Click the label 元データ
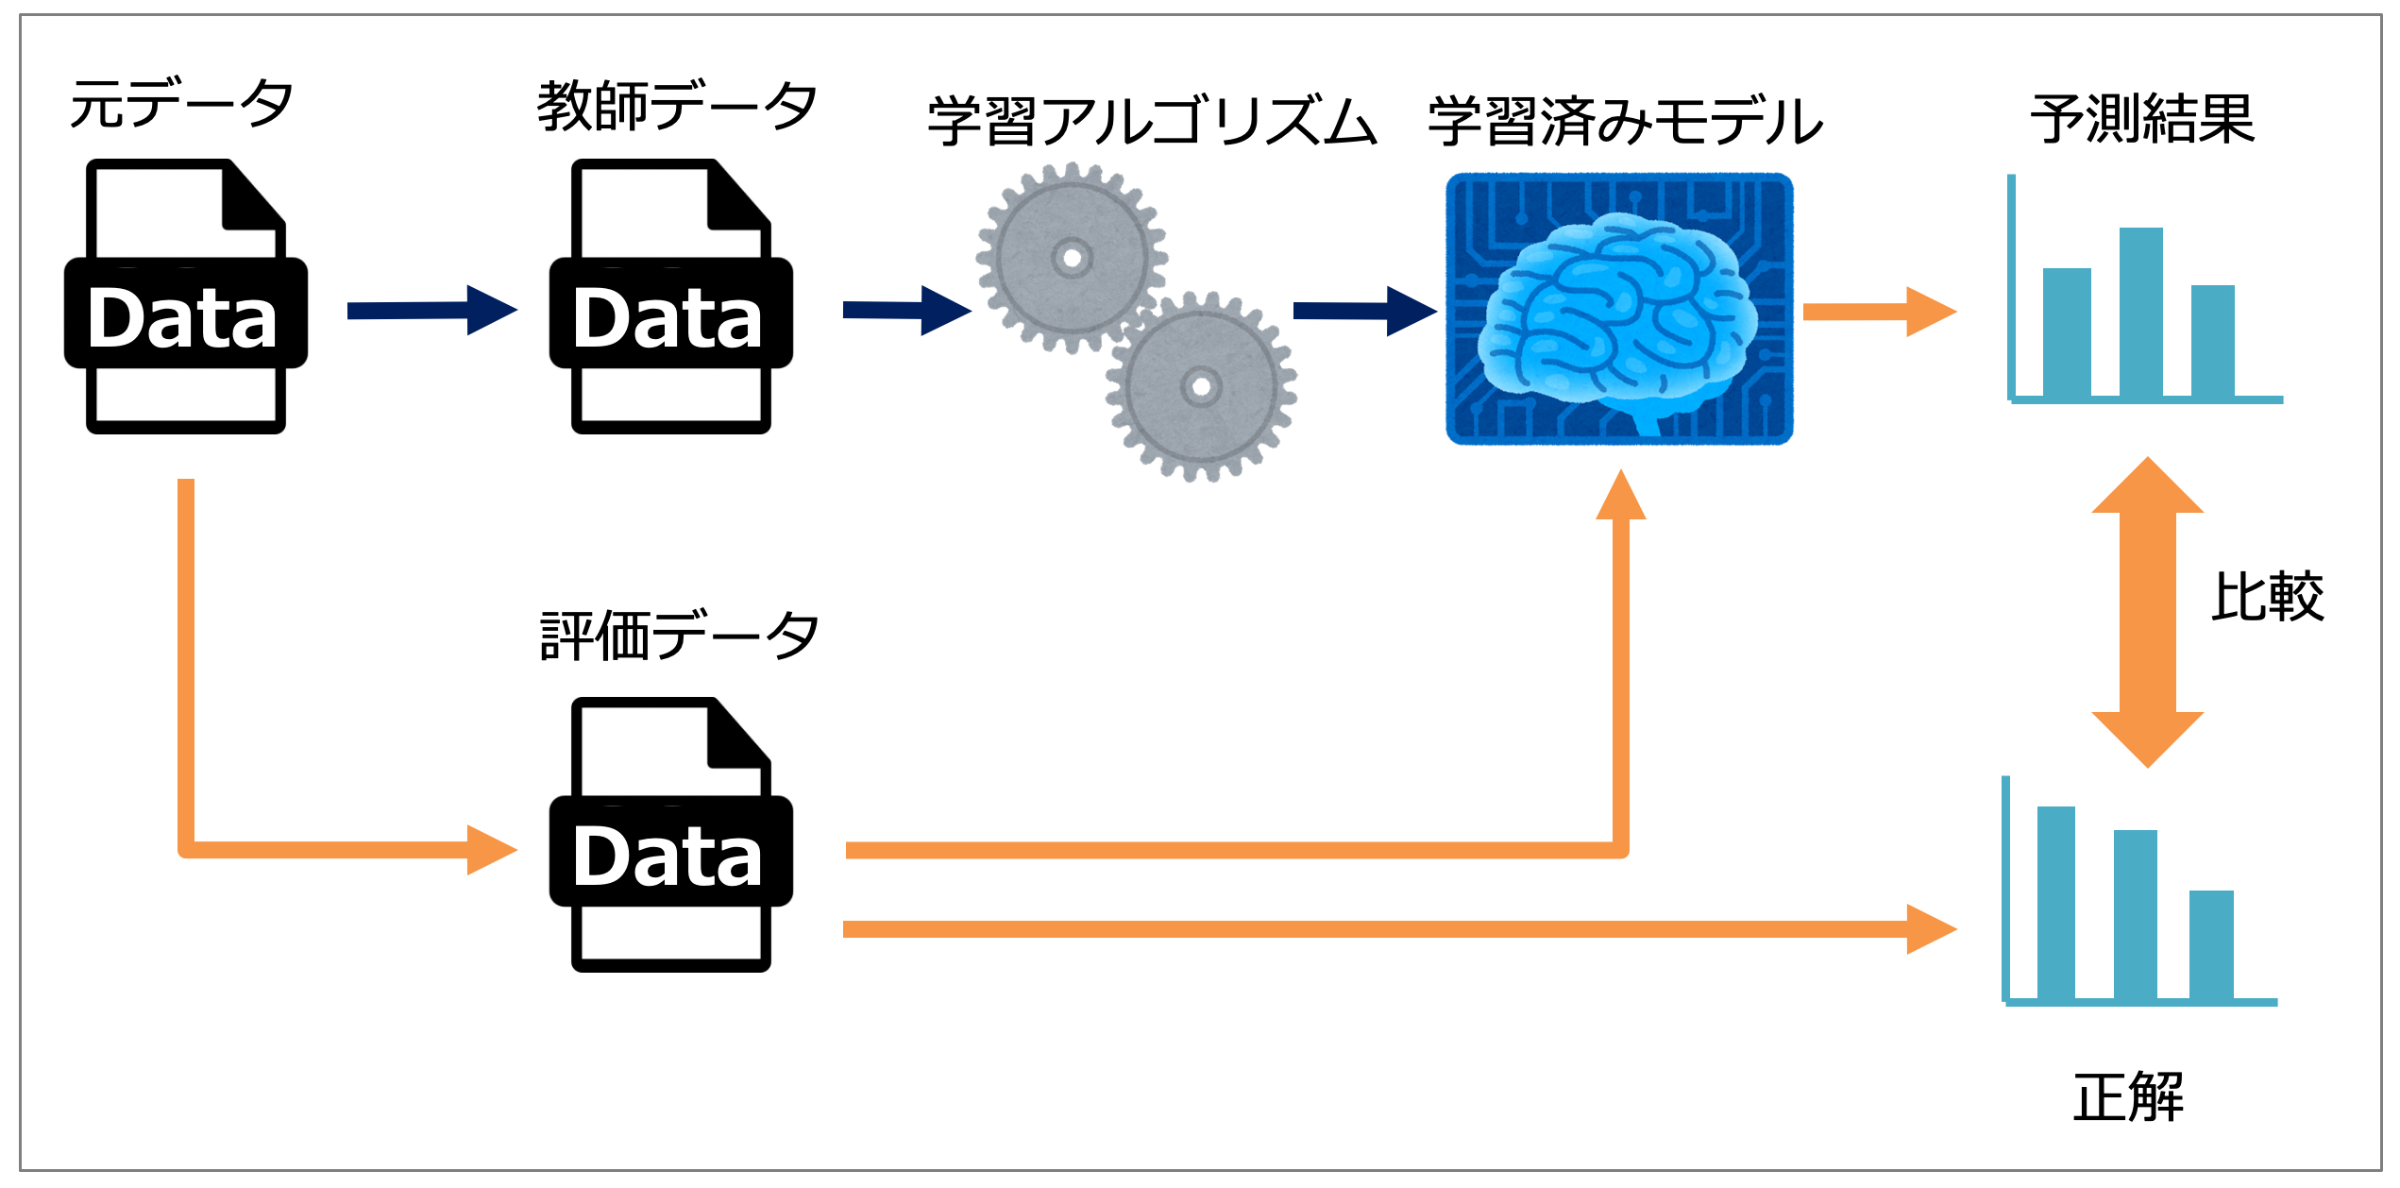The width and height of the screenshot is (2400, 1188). pos(181,104)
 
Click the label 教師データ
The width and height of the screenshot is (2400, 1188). pos(676,106)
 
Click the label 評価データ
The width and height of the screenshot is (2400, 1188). pos(678,636)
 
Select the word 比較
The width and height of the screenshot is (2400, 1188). pos(2267,597)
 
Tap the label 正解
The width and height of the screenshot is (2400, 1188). pos(2128,1097)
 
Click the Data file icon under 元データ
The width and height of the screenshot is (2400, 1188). pos(185,297)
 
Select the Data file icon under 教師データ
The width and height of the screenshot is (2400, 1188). pos(670,297)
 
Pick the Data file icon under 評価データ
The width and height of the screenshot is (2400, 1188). pos(670,836)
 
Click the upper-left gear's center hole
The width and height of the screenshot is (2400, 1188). pos(1072,257)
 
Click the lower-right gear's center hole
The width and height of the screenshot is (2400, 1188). pos(1201,386)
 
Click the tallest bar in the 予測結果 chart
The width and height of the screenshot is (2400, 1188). pos(2140,312)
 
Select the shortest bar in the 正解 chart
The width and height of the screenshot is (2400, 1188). pos(2211,944)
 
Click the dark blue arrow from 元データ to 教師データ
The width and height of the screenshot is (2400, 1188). pos(431,311)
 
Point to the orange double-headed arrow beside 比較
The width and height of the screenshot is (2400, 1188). pos(2148,612)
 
